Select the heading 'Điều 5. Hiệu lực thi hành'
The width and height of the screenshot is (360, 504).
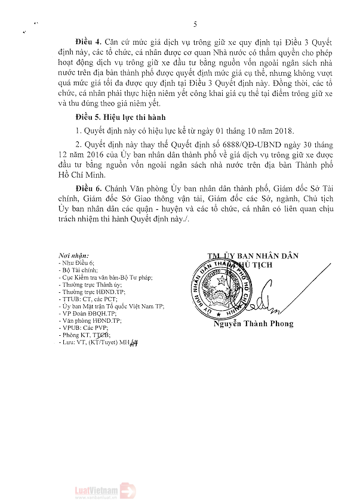click(120, 116)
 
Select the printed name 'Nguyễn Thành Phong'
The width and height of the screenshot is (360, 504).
click(254, 324)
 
